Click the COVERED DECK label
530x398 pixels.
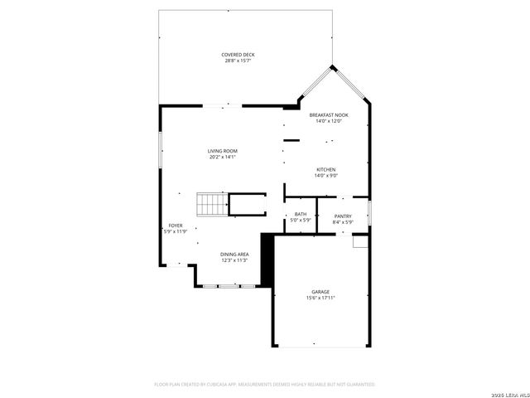(x=237, y=55)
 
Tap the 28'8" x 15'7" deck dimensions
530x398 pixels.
(x=237, y=61)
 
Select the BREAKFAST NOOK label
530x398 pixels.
(x=329, y=114)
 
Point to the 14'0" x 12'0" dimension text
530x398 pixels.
(x=329, y=120)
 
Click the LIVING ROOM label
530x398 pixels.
(x=222, y=151)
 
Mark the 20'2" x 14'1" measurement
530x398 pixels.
(x=222, y=157)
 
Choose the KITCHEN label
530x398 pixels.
(x=325, y=169)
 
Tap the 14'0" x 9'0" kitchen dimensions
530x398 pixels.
(x=325, y=175)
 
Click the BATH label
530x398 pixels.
(x=301, y=215)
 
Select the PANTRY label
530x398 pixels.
(x=343, y=215)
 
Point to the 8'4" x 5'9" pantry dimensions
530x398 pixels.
(x=343, y=221)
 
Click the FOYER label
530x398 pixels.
(x=176, y=225)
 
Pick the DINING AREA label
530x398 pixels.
(x=234, y=254)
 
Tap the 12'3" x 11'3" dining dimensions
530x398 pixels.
(x=234, y=260)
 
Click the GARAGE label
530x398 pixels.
(x=320, y=291)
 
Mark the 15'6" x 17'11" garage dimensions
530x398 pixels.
(x=320, y=297)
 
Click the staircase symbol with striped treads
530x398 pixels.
(x=211, y=204)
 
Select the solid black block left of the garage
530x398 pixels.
(x=267, y=259)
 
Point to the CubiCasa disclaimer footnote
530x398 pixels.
(x=265, y=384)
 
